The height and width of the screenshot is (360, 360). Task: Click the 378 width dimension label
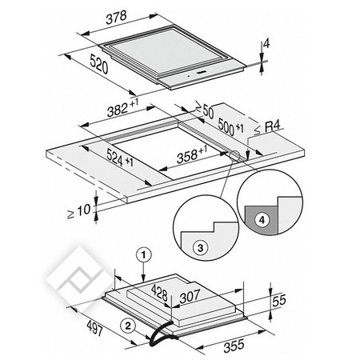tap(116, 18)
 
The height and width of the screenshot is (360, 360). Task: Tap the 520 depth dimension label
tap(99, 64)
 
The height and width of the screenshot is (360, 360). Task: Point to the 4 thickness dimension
tap(266, 43)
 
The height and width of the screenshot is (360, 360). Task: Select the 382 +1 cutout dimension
tap(122, 108)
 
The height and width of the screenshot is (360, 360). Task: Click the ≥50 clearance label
tap(205, 110)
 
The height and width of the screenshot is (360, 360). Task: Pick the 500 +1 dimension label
tap(230, 127)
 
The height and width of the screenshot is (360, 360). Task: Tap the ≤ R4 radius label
tap(267, 127)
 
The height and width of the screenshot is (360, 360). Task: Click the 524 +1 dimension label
tap(120, 158)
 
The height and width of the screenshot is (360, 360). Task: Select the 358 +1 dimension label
tap(192, 154)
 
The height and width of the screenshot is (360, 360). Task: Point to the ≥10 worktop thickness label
tap(78, 211)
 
